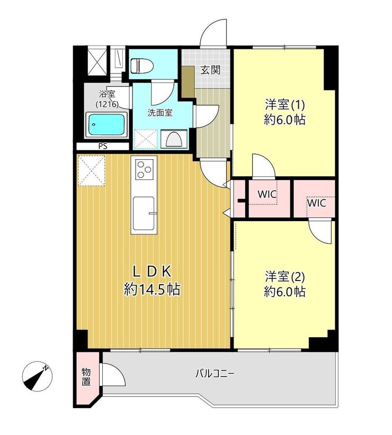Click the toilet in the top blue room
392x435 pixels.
pyautogui.click(x=142, y=66)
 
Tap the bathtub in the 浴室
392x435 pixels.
pyautogui.click(x=106, y=124)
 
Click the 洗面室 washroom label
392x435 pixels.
pyautogui.click(x=160, y=113)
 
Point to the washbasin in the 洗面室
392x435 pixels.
pyautogui.click(x=174, y=139)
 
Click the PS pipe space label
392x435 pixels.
pyautogui.click(x=103, y=146)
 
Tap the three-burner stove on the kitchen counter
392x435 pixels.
pyautogui.click(x=144, y=168)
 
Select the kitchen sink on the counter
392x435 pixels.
pyautogui.click(x=144, y=213)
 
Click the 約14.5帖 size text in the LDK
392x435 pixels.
pyautogui.click(x=152, y=289)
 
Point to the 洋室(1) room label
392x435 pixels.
pyautogui.click(x=285, y=105)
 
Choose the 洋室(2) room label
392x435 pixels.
pyautogui.click(x=285, y=277)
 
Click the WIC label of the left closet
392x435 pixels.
pyautogui.click(x=267, y=194)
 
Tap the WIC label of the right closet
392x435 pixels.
pyautogui.click(x=316, y=203)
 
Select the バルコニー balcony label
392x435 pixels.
pyautogui.click(x=215, y=374)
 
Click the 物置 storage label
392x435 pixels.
pyautogui.click(x=86, y=377)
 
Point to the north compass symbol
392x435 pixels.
pyautogui.click(x=37, y=376)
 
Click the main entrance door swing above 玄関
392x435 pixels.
pyautogui.click(x=214, y=32)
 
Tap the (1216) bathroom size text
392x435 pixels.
pyautogui.click(x=107, y=105)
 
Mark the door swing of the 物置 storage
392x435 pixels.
pyautogui.click(x=113, y=374)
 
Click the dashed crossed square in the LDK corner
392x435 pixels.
pyautogui.click(x=92, y=170)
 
